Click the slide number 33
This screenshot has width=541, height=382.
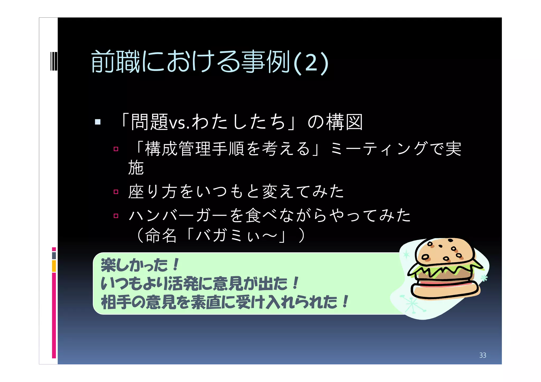coord(482,355)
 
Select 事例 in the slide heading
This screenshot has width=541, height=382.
coord(266,62)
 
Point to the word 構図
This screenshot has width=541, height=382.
coord(345,122)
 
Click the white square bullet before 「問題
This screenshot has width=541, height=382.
coord(98,122)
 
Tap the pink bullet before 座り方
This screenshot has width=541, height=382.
coord(116,192)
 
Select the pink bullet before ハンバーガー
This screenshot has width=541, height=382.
coord(116,216)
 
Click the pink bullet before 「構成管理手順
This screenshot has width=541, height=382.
coord(116,149)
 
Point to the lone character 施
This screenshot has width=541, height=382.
coord(136,168)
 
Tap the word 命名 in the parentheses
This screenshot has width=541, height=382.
coord(161,235)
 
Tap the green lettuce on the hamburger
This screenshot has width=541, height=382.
coord(444,271)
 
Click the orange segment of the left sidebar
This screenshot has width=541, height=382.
coord(54,266)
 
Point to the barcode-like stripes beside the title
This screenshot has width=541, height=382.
coord(54,61)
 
